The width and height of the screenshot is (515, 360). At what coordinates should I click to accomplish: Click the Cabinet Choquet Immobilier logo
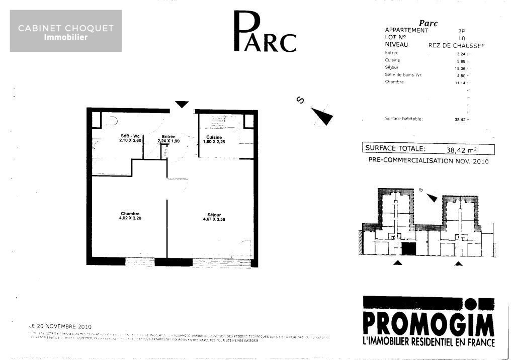pos(66,31)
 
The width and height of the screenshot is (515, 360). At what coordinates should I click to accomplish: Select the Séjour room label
pos(214,214)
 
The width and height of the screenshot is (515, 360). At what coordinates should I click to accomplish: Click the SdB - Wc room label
pos(130,137)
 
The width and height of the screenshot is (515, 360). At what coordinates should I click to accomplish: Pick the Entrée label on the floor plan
pos(168,137)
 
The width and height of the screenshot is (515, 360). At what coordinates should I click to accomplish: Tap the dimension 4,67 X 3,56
pos(214,219)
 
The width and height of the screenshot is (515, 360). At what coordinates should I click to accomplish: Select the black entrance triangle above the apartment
pos(182,104)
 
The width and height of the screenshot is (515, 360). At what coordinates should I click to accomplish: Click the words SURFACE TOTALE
pos(395,149)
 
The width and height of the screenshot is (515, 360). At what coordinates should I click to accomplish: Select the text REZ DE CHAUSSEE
pos(457,45)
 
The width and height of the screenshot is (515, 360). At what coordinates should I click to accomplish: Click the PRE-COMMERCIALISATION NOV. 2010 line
pos(428,161)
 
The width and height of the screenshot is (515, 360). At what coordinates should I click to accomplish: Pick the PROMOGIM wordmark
pos(428,325)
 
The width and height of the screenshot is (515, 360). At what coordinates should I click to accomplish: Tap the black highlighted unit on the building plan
pos(408,248)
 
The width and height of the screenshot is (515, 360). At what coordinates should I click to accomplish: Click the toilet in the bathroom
pos(112,121)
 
